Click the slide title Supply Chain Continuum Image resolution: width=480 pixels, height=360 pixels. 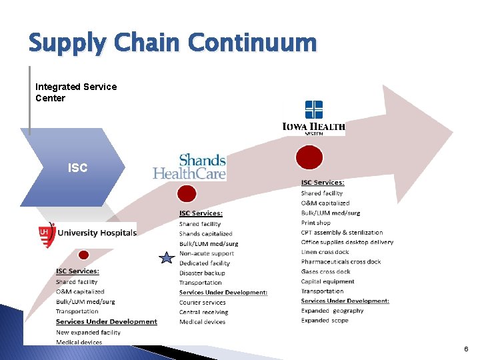172,43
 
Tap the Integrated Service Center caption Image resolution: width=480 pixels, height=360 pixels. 76,93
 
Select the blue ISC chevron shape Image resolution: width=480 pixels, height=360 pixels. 73,167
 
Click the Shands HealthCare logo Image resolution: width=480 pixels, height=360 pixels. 190,167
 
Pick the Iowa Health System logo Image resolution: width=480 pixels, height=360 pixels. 313,119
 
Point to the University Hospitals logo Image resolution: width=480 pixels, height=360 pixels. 87,233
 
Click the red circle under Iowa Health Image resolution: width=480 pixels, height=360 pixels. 309,158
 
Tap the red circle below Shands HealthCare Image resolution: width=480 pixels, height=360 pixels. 187,194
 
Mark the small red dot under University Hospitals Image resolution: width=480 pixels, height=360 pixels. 83,255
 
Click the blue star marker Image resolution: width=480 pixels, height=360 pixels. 165,257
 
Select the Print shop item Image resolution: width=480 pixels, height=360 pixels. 316,223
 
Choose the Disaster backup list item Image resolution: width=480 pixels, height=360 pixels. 202,273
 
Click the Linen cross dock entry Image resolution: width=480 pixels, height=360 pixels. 325,252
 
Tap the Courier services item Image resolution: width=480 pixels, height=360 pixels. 203,302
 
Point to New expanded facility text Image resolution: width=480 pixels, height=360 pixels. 88,332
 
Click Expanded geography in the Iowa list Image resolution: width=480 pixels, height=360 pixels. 332,311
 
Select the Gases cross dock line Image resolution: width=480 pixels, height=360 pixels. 325,271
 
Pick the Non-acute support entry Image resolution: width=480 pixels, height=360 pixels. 207,253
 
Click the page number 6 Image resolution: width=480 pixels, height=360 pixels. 467,349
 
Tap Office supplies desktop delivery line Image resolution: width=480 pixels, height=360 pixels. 347,242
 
